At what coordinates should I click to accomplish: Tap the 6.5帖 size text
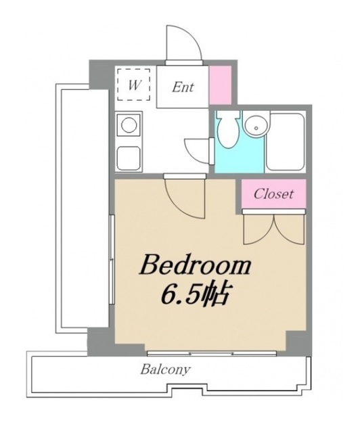[195, 294]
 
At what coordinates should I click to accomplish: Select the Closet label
[273, 193]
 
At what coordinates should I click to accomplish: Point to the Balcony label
[166, 369]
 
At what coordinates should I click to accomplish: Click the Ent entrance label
[183, 87]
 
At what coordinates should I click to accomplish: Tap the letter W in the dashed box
[134, 85]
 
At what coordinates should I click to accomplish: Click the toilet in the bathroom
[228, 129]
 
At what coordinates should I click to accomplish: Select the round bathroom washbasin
[256, 126]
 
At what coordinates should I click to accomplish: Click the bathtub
[286, 141]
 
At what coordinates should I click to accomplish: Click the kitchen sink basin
[129, 158]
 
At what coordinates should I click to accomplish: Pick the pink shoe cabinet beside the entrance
[220, 85]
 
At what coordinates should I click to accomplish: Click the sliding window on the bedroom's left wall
[112, 259]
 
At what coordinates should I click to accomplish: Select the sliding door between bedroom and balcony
[212, 353]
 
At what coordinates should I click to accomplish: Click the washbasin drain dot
[256, 128]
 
